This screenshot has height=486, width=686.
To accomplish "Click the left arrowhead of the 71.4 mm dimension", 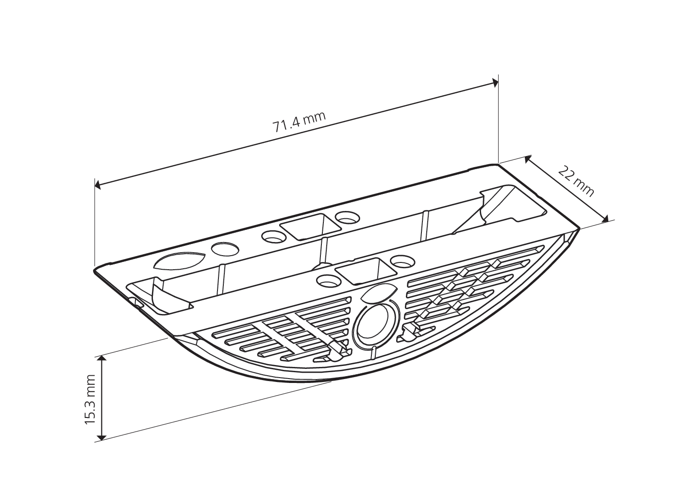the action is [98, 185].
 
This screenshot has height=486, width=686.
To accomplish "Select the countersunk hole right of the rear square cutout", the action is [347, 217].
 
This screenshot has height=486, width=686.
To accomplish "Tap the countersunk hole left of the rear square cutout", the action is [273, 236].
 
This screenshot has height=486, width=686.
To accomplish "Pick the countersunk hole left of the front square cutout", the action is [328, 280].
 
